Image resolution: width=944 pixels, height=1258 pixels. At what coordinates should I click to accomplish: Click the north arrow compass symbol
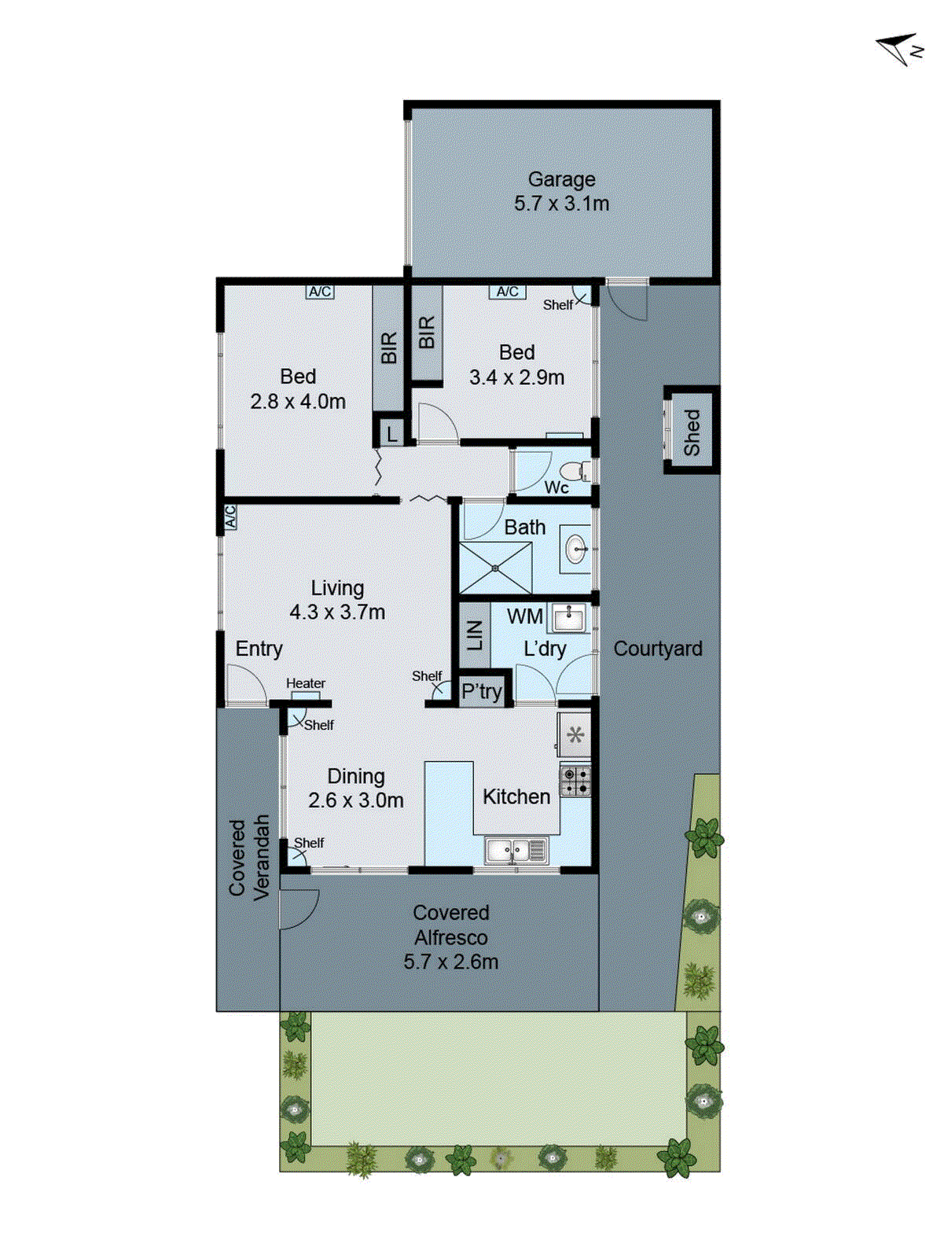coord(898,50)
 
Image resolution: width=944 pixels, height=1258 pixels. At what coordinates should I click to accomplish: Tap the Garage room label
coord(561,179)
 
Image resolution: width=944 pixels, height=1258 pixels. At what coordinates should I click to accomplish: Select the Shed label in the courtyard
coord(692,432)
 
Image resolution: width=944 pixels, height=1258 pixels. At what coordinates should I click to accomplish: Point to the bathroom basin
coord(576,548)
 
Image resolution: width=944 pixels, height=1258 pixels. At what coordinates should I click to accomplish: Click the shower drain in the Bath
coord(495,568)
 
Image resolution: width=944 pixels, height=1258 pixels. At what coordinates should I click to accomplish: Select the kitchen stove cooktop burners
coord(575,781)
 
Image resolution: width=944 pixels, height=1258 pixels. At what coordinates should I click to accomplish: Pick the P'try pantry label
coord(481,692)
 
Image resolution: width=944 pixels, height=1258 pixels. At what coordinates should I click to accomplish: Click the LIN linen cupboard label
coord(475,635)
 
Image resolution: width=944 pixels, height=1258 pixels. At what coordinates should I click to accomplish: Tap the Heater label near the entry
coord(306,683)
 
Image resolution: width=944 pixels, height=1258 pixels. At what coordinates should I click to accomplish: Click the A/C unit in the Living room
coord(230,517)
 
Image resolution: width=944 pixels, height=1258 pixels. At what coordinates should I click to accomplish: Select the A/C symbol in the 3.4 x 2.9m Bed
coord(508,292)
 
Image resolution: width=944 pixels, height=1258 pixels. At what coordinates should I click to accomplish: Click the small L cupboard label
coord(391,433)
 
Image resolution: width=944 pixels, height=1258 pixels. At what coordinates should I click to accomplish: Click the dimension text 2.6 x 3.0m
coord(355,800)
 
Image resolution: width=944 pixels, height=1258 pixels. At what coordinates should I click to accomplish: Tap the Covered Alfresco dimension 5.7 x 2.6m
coord(450,962)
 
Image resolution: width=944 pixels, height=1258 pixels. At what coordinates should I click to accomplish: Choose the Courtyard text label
coord(658,649)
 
